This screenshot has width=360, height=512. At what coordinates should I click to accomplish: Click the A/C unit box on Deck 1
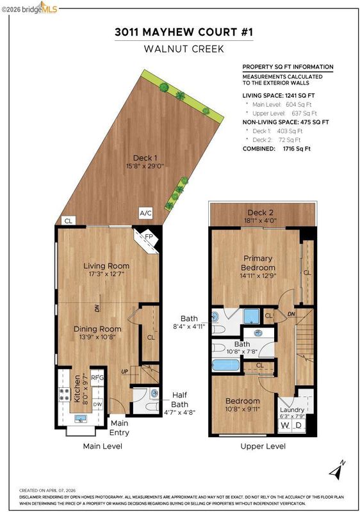pyautogui.click(x=145, y=213)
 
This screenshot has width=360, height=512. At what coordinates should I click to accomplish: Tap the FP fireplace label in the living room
pyautogui.click(x=149, y=236)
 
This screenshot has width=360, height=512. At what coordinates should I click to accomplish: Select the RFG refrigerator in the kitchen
pyautogui.click(x=97, y=378)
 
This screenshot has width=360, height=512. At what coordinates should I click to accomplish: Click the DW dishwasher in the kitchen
pyautogui.click(x=97, y=404)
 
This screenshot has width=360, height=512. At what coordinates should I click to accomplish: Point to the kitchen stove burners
pyautogui.click(x=64, y=394)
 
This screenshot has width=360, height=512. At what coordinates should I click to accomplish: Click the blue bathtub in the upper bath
pyautogui.click(x=226, y=365)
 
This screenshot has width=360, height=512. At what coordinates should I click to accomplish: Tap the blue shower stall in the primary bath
pyautogui.click(x=252, y=316)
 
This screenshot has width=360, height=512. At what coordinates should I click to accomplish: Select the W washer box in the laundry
pyautogui.click(x=284, y=426)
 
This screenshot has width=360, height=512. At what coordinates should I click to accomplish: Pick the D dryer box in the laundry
pyautogui.click(x=299, y=426)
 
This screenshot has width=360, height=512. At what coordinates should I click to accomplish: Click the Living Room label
pyautogui.click(x=106, y=266)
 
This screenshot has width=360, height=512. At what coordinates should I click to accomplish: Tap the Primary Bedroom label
pyautogui.click(x=258, y=263)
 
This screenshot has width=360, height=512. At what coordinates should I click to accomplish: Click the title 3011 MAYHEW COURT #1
pyautogui.click(x=184, y=32)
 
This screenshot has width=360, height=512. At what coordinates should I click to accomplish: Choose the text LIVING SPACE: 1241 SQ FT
pyautogui.click(x=279, y=95)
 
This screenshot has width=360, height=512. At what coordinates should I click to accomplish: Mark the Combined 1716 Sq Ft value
pyautogui.click(x=297, y=148)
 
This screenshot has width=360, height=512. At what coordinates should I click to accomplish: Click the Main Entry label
pyautogui.click(x=119, y=428)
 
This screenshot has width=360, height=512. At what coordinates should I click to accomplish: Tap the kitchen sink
pyautogui.click(x=80, y=419)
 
